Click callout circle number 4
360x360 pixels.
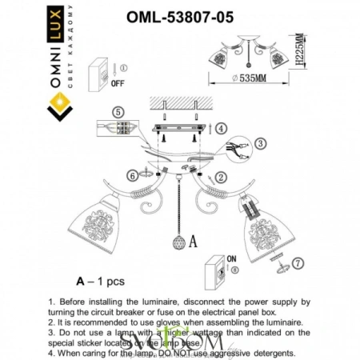tap(221, 127)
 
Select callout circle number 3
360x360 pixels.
tap(262, 143)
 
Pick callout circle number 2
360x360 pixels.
tap(222, 176)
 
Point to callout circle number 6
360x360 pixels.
tap(132, 175)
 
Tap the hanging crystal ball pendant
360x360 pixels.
tap(179, 242)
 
